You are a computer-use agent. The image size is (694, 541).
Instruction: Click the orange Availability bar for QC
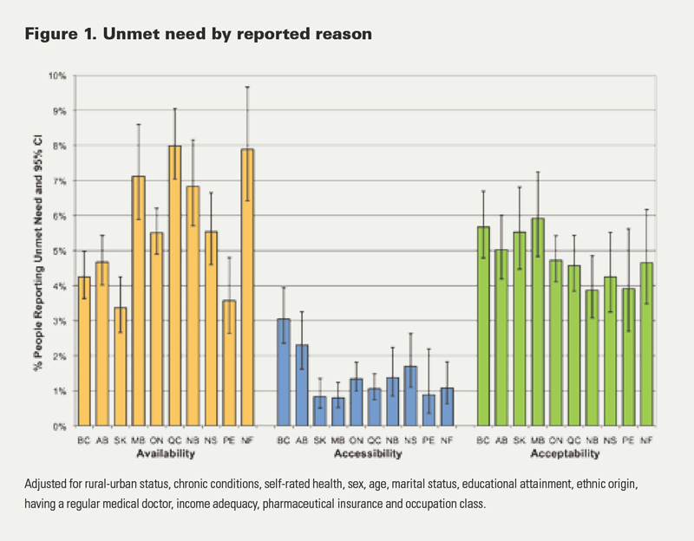pos(173,286)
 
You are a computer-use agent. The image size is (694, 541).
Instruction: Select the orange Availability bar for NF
pos(246,286)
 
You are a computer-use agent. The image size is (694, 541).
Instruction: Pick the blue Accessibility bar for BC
pos(283,373)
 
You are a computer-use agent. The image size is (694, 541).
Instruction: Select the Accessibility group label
pos(364,453)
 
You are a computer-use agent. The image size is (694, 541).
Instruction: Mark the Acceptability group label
pos(566,453)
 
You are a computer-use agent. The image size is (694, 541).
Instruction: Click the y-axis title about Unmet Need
pos(33,251)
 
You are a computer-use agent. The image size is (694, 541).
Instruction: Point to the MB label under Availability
pos(138,440)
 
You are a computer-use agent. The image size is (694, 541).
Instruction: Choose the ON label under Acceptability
pos(556,440)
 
